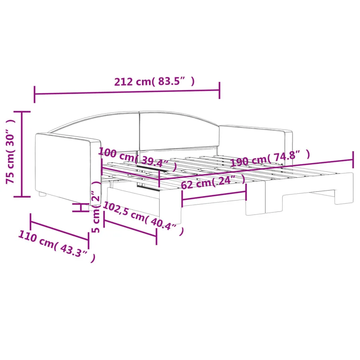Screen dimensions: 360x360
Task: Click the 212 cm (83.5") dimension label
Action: pyautogui.click(x=154, y=82)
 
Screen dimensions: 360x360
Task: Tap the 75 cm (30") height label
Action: pyautogui.click(x=10, y=152)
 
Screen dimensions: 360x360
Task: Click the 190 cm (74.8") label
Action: pyautogui.click(x=270, y=158)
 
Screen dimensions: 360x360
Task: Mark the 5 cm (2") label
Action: pyautogui.click(x=96, y=207)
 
